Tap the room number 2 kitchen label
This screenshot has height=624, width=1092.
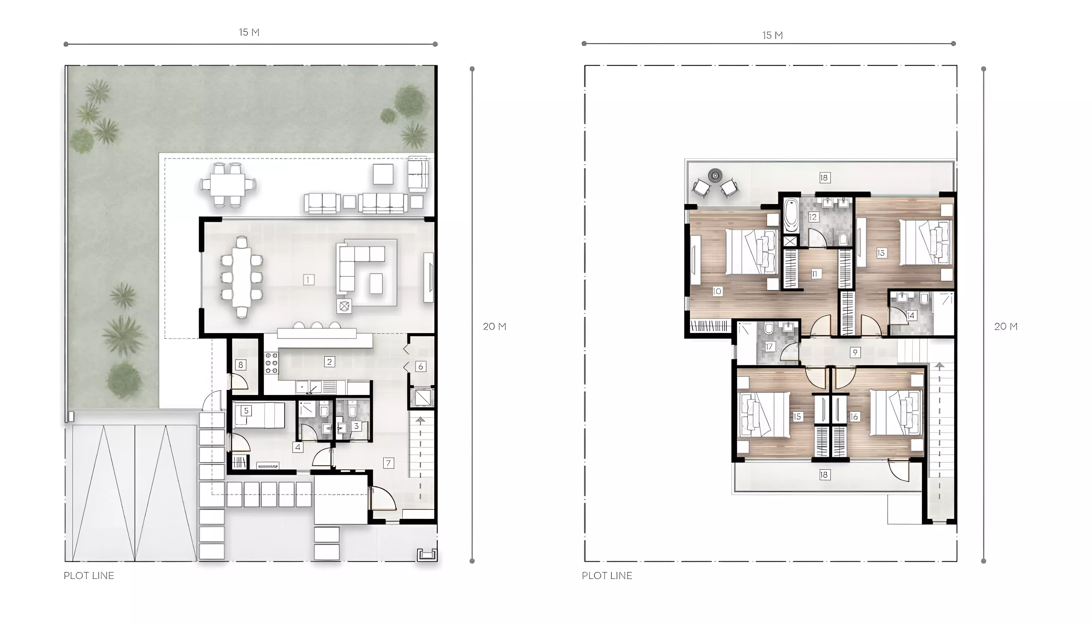[329, 362]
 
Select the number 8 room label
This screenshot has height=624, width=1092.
[240, 365]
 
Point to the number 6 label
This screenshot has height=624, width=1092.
[421, 366]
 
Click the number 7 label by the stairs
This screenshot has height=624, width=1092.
[388, 463]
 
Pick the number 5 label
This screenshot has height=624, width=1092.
[246, 411]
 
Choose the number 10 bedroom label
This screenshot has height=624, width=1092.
[717, 291]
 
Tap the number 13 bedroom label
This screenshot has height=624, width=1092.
[881, 253]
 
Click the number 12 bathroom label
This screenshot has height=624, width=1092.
[813, 217]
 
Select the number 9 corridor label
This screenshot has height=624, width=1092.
[855, 352]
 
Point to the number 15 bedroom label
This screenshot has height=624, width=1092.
[797, 416]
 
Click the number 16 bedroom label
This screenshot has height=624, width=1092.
[854, 416]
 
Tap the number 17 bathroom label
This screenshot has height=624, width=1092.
[769, 347]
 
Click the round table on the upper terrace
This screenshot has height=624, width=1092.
[715, 175]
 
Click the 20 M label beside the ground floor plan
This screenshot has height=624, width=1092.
[494, 326]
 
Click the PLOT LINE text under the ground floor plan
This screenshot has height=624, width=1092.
[89, 576]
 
